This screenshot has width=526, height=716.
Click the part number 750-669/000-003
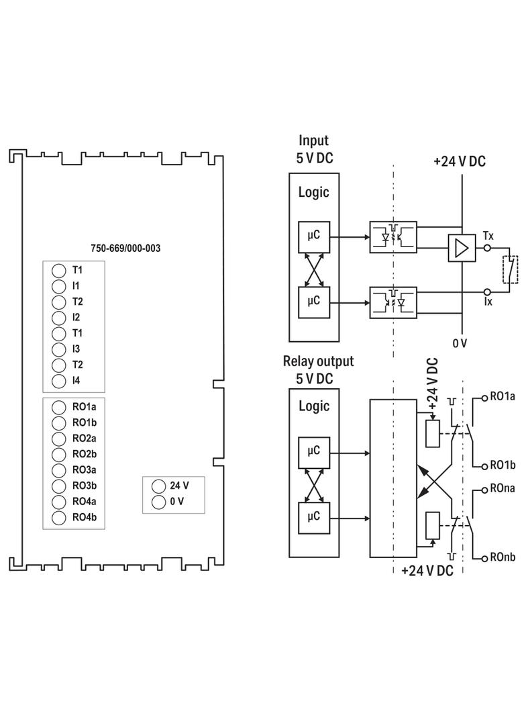(125, 248)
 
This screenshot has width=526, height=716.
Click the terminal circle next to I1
(59, 286)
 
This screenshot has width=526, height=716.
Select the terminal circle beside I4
(59, 381)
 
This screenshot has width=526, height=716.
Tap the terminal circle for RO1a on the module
(59, 407)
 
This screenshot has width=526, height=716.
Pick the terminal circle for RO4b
(59, 517)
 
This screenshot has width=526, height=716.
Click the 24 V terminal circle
(158, 486)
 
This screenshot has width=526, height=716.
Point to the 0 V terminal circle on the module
(158, 502)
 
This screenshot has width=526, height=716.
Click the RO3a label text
(85, 470)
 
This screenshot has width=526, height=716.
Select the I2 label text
(76, 317)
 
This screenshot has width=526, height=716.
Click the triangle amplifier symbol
(462, 249)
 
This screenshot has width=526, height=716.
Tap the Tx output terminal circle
(487, 248)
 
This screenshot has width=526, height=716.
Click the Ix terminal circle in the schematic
(487, 292)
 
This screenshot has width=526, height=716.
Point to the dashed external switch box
(511, 269)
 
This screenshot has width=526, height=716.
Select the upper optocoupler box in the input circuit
(393, 237)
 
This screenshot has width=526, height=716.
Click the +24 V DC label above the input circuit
(460, 161)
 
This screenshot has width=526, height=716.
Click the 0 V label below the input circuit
(460, 343)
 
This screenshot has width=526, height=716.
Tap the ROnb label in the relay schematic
(503, 557)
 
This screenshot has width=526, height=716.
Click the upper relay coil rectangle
(433, 433)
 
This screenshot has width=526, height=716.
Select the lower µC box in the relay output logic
(314, 519)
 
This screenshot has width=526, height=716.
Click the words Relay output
(319, 361)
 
